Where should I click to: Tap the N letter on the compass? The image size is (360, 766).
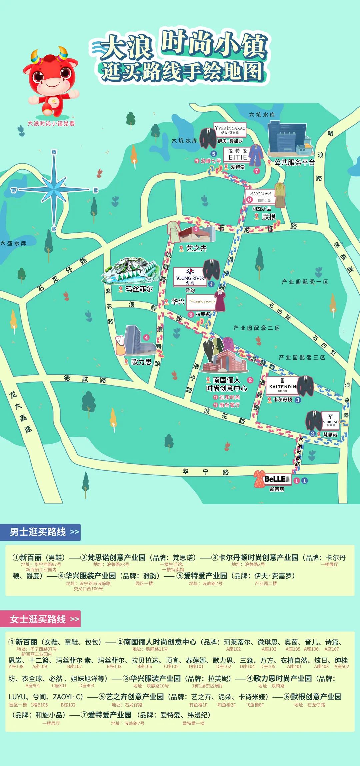pyautogui.click(x=54, y=152)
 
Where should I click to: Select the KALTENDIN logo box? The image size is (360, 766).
pyautogui.click(x=282, y=387)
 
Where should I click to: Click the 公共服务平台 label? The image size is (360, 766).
pyautogui.click(x=294, y=162)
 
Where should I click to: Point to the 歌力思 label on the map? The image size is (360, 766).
pyautogui.click(x=141, y=362)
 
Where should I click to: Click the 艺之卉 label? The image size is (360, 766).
pyautogui.click(x=196, y=248)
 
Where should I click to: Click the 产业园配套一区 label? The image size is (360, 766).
pyautogui.click(x=305, y=282)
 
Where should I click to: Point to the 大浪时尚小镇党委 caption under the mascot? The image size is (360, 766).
pyautogui.click(x=51, y=123)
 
